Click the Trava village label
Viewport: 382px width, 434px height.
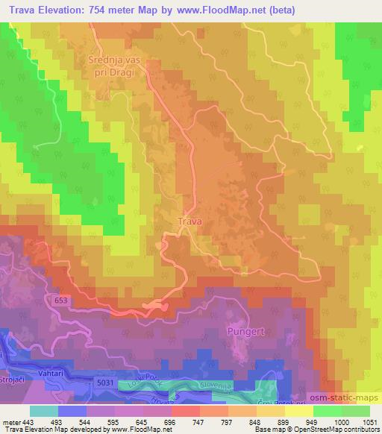point(190,221)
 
